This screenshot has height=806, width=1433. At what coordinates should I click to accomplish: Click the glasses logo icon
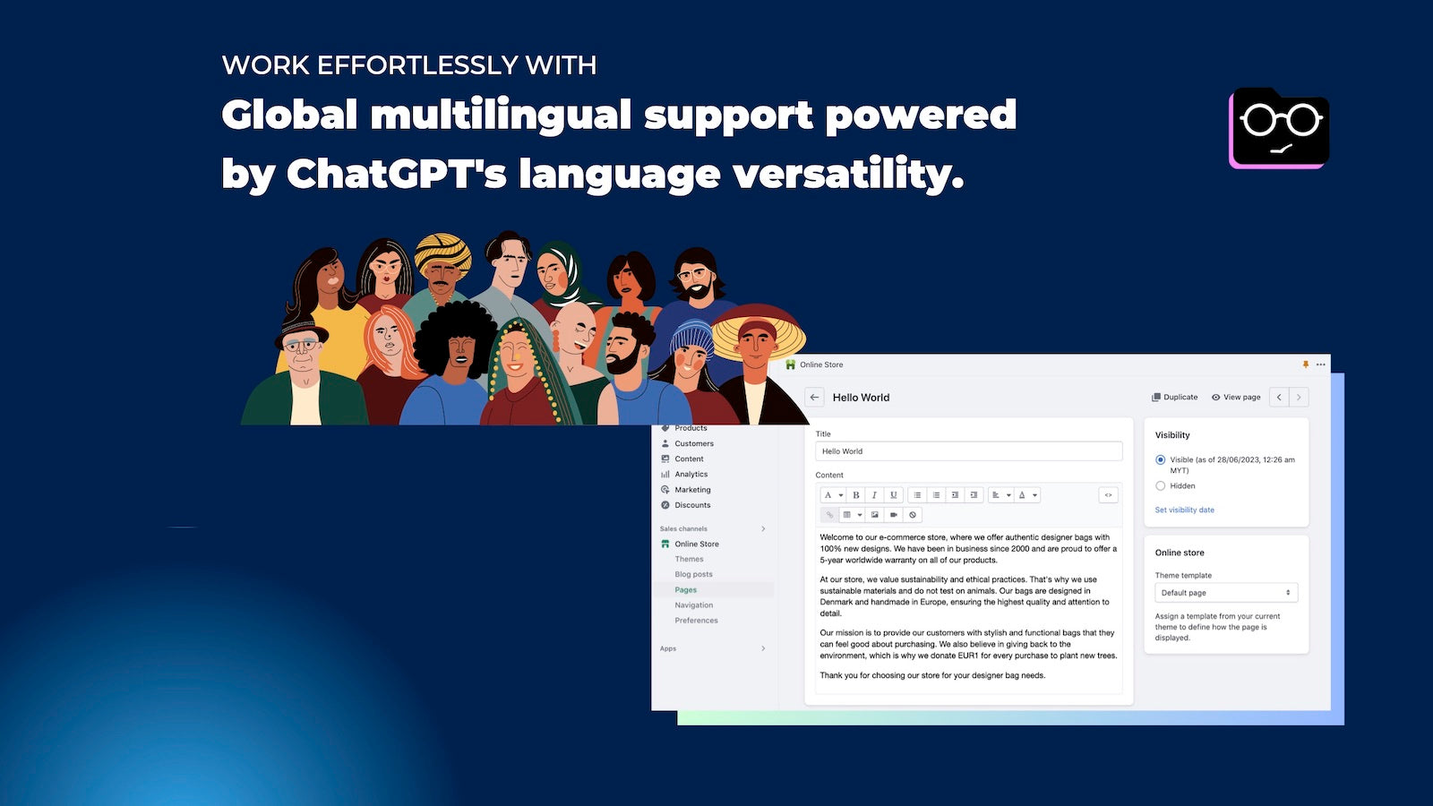click(x=1280, y=127)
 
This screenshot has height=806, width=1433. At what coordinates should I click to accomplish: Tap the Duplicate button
click(x=1174, y=397)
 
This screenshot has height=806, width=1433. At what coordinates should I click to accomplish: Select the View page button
click(x=1236, y=397)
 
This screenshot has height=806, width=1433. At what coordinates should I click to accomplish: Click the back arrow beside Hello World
click(x=814, y=398)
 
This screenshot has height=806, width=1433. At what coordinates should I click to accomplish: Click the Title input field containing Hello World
click(x=968, y=451)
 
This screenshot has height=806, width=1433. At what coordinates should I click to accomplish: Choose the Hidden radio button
click(x=1161, y=486)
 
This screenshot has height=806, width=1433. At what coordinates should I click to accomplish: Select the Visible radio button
click(x=1161, y=460)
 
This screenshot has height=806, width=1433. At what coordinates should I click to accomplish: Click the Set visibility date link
click(x=1184, y=510)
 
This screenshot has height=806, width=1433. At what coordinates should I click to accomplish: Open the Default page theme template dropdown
click(x=1225, y=593)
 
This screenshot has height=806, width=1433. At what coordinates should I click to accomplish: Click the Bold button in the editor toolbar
click(x=856, y=495)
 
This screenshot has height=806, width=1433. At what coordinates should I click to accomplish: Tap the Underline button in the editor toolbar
click(x=893, y=495)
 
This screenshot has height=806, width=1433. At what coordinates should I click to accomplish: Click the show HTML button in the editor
click(x=1108, y=495)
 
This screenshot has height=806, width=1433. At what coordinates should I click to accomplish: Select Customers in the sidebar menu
click(x=693, y=444)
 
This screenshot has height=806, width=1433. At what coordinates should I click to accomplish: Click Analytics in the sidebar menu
click(x=691, y=475)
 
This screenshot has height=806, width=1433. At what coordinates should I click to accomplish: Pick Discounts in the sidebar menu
click(x=692, y=505)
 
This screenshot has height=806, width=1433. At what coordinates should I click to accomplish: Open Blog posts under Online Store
click(x=693, y=575)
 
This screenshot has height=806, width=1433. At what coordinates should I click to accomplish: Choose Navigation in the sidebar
click(x=693, y=605)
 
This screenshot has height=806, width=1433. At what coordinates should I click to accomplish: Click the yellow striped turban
click(x=443, y=252)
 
